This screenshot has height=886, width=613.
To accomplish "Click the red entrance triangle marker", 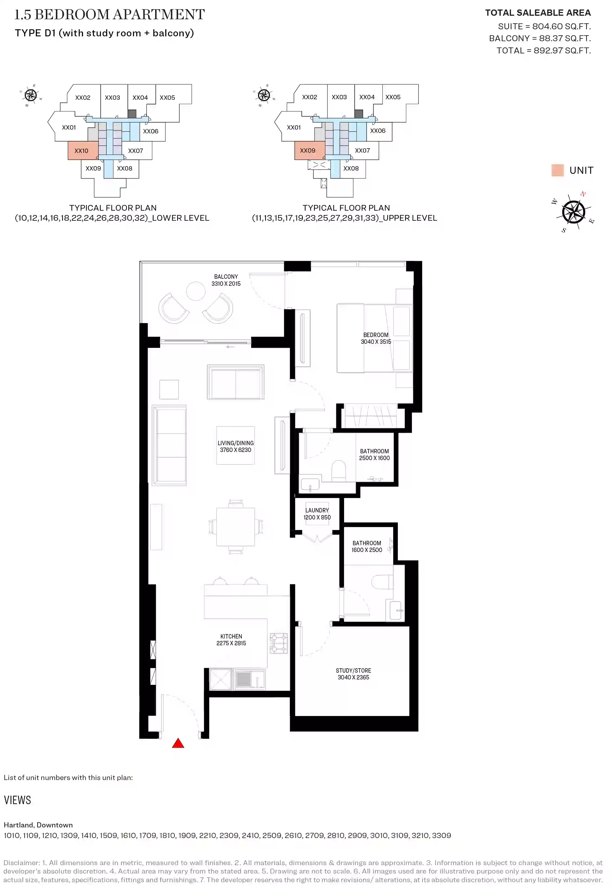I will click(178, 744).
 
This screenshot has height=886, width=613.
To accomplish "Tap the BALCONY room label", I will click(226, 277).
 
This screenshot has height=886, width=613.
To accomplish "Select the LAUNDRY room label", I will click(317, 510).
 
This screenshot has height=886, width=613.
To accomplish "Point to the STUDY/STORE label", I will click(353, 670).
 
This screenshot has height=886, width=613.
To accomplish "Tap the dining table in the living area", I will click(236, 527).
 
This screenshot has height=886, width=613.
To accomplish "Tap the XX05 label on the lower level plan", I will click(167, 97).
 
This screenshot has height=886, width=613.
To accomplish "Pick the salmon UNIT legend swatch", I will click(557, 170).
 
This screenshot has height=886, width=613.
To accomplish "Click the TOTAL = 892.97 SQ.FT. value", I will click(544, 51).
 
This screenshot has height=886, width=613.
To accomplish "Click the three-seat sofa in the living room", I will click(169, 445).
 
